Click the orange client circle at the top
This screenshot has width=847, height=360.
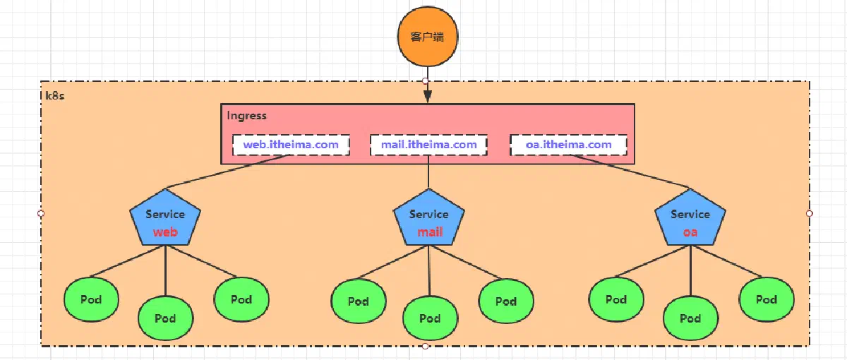tap(428, 36)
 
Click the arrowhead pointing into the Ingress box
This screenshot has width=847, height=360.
tap(428, 96)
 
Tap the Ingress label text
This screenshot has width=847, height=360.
tap(246, 115)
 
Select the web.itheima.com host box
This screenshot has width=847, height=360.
tap(291, 145)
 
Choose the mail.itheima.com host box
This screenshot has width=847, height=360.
tap(428, 145)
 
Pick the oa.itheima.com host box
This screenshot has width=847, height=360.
tap(568, 145)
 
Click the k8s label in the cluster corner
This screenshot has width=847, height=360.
tap(55, 96)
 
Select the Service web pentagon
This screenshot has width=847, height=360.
tap(165, 218)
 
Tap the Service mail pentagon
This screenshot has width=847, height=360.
tap(429, 218)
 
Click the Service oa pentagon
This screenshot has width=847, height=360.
tap(690, 218)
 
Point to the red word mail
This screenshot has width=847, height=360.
tap(430, 232)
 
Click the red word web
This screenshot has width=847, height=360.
tap(165, 232)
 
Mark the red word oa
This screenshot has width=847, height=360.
tap(690, 232)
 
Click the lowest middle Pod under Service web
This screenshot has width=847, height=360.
tap(165, 318)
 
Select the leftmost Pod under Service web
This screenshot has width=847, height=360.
tap(91, 299)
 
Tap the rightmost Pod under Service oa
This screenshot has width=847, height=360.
tap(767, 299)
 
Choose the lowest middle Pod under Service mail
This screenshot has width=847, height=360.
tap(430, 318)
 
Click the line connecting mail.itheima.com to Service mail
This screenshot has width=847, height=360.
tap(428, 172)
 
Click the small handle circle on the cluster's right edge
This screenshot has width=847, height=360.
tap(809, 213)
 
